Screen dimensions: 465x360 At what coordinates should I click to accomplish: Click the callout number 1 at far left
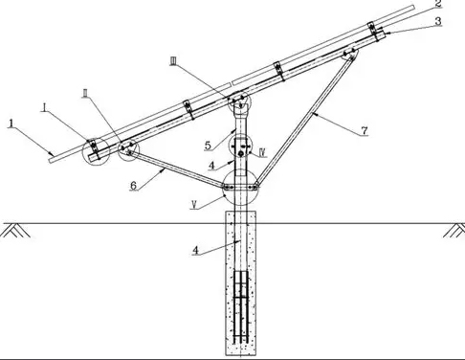tap(11, 124)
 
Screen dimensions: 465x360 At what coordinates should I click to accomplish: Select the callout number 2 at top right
tap(438, 4)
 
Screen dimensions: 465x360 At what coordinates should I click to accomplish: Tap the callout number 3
tap(438, 21)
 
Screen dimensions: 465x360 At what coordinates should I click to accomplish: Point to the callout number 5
tap(208, 146)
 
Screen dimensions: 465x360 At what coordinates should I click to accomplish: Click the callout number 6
tap(134, 186)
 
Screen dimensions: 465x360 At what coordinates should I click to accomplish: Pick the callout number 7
tap(365, 130)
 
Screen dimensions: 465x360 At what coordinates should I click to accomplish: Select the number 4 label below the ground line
tap(196, 251)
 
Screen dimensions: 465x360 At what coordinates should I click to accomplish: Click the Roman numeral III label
tap(174, 61)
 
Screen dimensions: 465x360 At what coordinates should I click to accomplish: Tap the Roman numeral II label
tap(85, 93)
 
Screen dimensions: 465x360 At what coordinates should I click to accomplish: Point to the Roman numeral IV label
tap(263, 153)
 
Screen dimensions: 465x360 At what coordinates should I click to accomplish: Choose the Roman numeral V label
tap(194, 204)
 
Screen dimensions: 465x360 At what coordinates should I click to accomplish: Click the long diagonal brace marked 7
tap(304, 120)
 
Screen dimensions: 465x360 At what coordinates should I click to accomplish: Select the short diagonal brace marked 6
tap(177, 169)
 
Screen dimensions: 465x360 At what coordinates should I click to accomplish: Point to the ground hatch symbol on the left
tap(15, 231)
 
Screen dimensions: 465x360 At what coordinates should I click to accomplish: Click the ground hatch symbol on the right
tap(454, 231)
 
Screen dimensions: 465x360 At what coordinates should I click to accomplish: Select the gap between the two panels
tap(232, 83)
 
